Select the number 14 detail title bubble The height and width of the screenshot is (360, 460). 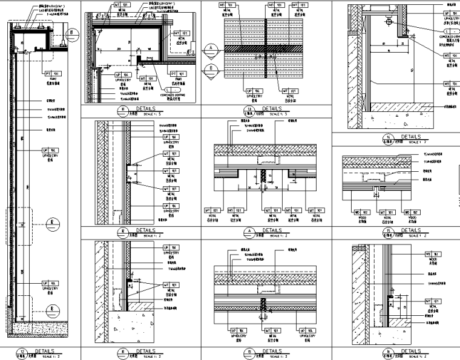point(387,138)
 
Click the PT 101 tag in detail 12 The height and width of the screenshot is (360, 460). point(51,73)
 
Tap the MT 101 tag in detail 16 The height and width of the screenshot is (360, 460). point(431,301)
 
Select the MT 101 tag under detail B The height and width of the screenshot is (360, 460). point(266,332)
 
